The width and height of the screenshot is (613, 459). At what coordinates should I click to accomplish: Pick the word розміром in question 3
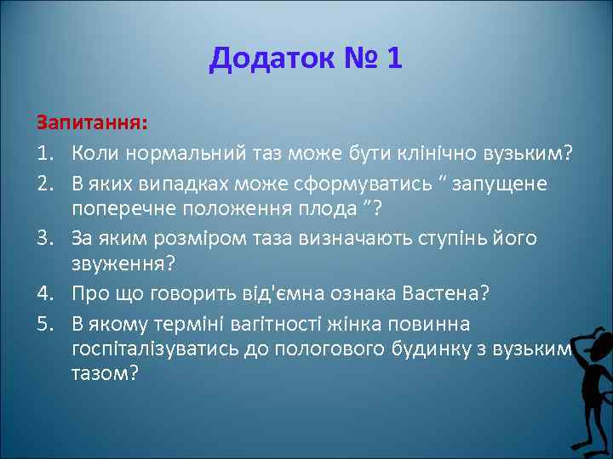(x=190, y=238)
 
